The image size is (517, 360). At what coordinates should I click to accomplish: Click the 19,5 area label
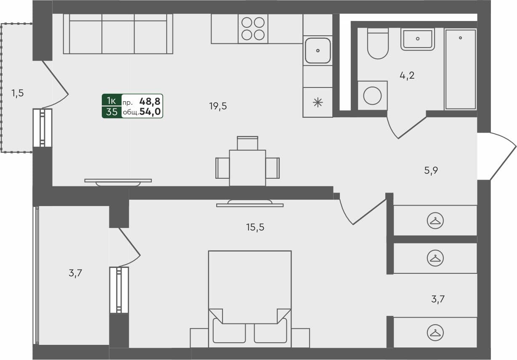pos(218,106)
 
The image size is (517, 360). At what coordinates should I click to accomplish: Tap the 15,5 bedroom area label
pos(255,228)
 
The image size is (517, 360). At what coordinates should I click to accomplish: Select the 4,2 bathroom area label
pos(407,76)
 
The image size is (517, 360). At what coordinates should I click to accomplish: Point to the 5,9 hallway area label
pos(431,170)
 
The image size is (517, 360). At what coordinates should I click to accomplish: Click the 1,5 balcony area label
pos(17,93)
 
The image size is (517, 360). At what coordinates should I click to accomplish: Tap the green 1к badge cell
pos(111,101)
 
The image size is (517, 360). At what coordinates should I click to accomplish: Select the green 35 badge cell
pos(111,112)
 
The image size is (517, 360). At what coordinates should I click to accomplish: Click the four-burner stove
pos(253,29)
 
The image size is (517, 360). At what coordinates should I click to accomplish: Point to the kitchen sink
pos(318,50)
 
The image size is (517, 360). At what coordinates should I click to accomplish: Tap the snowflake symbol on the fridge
pos(318,102)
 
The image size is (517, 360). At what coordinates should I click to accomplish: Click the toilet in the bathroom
pos(377,44)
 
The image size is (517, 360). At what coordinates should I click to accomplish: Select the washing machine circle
pos(372,95)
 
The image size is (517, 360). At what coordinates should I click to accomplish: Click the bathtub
pos(461,69)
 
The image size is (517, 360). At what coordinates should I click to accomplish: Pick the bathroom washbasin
pos(417,39)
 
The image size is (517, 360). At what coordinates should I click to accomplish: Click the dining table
pos(247,168)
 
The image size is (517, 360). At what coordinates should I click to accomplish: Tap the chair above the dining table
pos(247,143)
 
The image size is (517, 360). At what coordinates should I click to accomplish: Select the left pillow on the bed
pos(229,330)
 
